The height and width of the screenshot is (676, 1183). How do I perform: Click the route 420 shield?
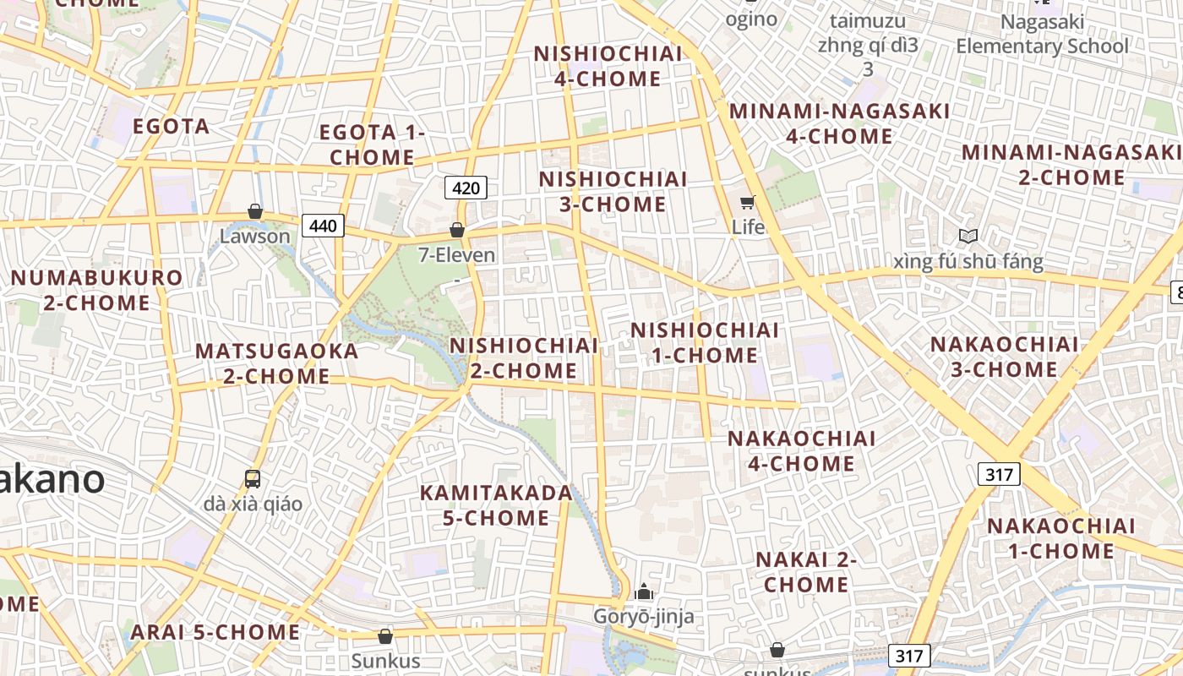466,187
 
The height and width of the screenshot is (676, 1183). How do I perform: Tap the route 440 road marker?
323,226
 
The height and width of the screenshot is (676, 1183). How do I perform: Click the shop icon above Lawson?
254,211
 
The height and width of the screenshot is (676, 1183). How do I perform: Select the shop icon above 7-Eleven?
457,230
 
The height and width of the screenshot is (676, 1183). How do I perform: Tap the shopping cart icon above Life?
747,202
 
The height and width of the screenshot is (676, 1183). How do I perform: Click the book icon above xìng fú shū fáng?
968,237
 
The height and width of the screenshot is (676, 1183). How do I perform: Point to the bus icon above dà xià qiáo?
252,479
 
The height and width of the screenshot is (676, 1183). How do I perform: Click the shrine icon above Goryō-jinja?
644,591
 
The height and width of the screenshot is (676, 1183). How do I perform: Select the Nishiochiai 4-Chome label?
608,66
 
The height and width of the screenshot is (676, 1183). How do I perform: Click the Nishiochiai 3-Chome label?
613,192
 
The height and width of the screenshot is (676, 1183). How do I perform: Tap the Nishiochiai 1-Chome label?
705,342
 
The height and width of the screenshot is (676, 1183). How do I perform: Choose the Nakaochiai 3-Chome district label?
1004,357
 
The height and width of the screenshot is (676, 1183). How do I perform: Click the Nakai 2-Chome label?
806,572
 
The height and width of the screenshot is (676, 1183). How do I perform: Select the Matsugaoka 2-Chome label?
276,363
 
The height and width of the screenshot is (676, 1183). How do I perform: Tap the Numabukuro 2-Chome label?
96,290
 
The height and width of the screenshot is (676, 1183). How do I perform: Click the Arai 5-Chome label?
215,632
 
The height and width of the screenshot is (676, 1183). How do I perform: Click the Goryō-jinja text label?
643,616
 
